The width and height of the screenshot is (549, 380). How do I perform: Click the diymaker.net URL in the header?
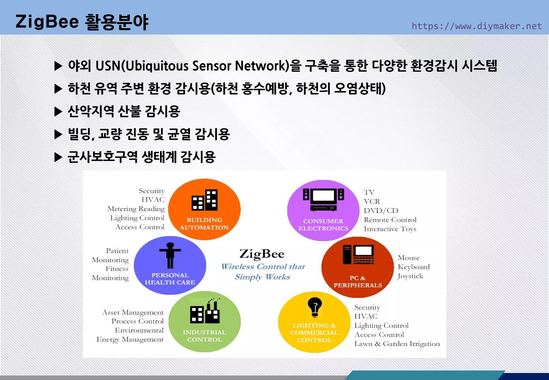(x=476, y=26)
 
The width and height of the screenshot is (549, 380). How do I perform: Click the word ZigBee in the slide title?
(x=47, y=22)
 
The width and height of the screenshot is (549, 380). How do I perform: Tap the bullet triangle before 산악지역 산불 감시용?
(x=58, y=111)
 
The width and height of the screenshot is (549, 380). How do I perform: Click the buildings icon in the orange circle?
(x=204, y=200)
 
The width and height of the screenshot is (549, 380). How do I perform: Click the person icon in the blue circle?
(x=170, y=255)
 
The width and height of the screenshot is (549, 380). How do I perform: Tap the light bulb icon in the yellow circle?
(x=315, y=307)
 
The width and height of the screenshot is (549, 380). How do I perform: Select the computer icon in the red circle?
(x=358, y=255)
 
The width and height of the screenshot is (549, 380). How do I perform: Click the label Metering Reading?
(x=136, y=209)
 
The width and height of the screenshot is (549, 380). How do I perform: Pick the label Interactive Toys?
(x=390, y=229)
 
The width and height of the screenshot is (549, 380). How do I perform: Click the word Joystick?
(x=410, y=276)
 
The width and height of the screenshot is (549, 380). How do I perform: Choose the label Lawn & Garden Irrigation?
(x=397, y=344)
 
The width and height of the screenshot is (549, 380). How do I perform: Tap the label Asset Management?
(x=133, y=312)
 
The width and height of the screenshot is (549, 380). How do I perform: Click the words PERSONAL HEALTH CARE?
(x=170, y=279)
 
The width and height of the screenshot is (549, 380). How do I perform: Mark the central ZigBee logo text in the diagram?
(x=262, y=254)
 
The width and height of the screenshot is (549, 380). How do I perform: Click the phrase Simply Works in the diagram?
(x=262, y=277)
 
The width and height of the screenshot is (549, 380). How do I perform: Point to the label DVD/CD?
(x=381, y=211)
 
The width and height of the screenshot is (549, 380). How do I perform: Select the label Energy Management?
(x=130, y=340)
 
